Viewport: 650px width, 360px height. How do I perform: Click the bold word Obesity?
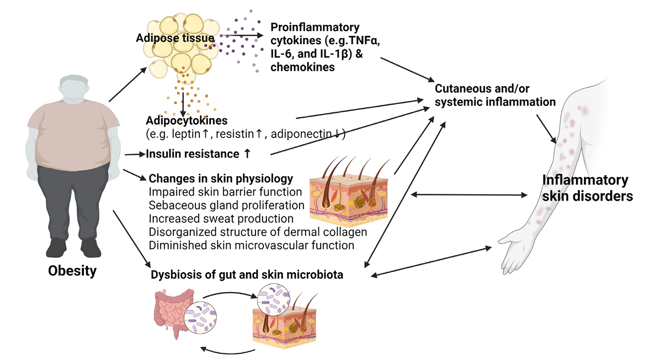coord(72,271)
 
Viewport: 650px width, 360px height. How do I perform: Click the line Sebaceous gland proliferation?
coord(227,205)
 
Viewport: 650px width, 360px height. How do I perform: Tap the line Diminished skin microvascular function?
coord(252,245)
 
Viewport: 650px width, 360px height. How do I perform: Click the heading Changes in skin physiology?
coord(221,179)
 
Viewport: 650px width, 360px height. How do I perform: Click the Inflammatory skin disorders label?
coord(585,188)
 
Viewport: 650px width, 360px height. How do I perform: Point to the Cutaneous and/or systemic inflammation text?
coord(495,95)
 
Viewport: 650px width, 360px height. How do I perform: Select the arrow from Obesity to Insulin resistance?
coord(135,155)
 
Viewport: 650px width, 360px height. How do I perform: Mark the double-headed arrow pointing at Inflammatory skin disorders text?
coord(468,194)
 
